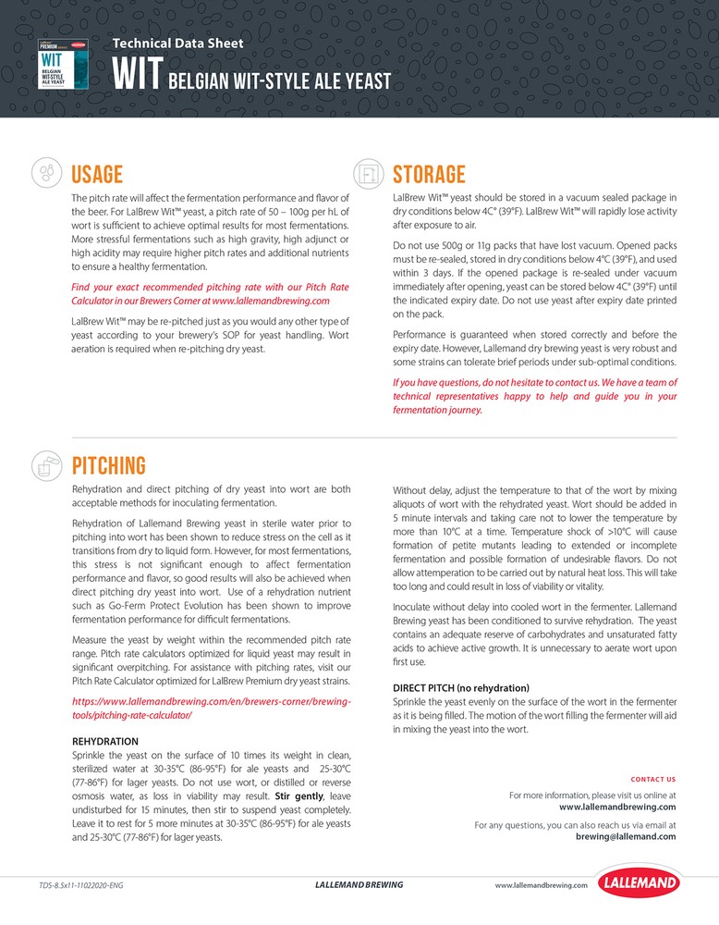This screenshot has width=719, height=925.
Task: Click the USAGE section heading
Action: [97, 174]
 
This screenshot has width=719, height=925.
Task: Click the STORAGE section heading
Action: [429, 174]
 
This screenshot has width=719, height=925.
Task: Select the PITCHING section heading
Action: [108, 464]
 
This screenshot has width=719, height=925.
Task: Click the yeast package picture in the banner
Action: [65, 64]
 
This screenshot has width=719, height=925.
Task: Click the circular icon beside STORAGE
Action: [368, 173]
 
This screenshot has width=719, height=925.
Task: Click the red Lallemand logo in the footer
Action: [639, 883]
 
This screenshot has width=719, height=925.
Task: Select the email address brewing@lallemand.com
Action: [625, 836]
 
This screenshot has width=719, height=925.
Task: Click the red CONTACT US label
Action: [652, 779]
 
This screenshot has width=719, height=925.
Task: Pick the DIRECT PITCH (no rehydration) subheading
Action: [460, 688]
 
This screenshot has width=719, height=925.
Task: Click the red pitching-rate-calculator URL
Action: [212, 709]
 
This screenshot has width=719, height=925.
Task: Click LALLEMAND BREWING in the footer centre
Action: [359, 885]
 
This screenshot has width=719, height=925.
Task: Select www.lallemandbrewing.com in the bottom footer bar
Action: [541, 885]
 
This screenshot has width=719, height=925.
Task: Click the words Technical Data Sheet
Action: [178, 43]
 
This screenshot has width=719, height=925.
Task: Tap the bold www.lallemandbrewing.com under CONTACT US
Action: [617, 807]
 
